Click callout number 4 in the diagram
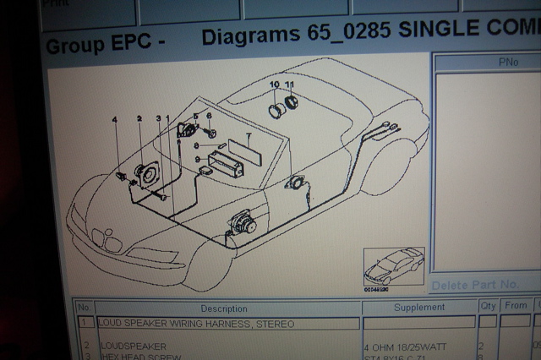(x=115, y=121)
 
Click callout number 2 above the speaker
(x=139, y=120)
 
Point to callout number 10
(x=274, y=86)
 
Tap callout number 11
(x=289, y=86)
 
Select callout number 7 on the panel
(x=248, y=135)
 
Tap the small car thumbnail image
(x=393, y=266)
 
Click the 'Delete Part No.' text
(x=474, y=284)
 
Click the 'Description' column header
(x=224, y=308)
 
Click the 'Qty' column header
(x=487, y=306)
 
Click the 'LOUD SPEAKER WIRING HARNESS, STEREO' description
(x=196, y=324)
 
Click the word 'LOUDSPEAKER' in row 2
(x=134, y=346)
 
